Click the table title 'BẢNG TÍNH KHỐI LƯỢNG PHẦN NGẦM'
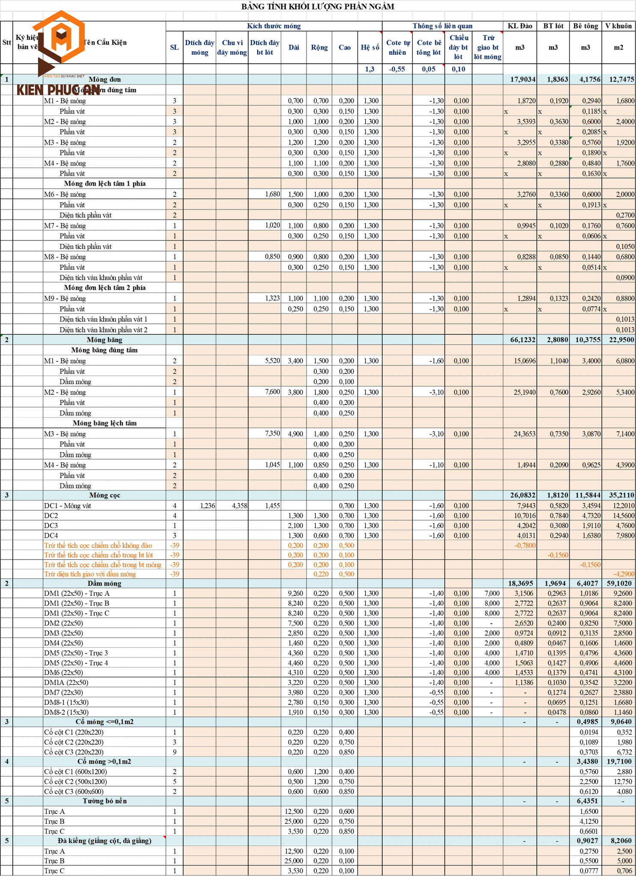tap(318, 6)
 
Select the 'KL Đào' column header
tap(520, 26)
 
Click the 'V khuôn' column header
tap(618, 26)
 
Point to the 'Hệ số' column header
tap(370, 47)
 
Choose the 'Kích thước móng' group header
tap(274, 26)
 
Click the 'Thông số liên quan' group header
tap(443, 26)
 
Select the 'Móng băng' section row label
tap(104, 340)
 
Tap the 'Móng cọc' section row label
tap(104, 495)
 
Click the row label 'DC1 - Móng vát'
tap(68, 506)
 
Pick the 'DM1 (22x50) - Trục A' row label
tap(77, 593)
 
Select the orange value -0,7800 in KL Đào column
tap(525, 545)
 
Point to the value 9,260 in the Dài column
tap(295, 593)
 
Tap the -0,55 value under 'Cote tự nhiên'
tap(397, 69)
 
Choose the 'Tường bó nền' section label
tap(104, 801)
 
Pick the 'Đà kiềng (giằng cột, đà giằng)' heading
tap(104, 841)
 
